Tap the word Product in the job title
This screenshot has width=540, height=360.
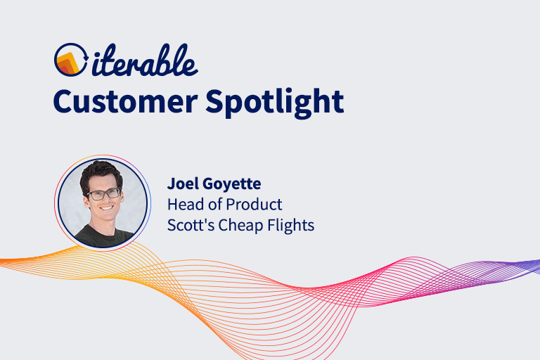pyautogui.click(x=255, y=205)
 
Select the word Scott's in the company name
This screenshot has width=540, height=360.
pyautogui.click(x=187, y=225)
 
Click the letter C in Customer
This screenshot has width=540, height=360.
pyautogui.click(x=63, y=101)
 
